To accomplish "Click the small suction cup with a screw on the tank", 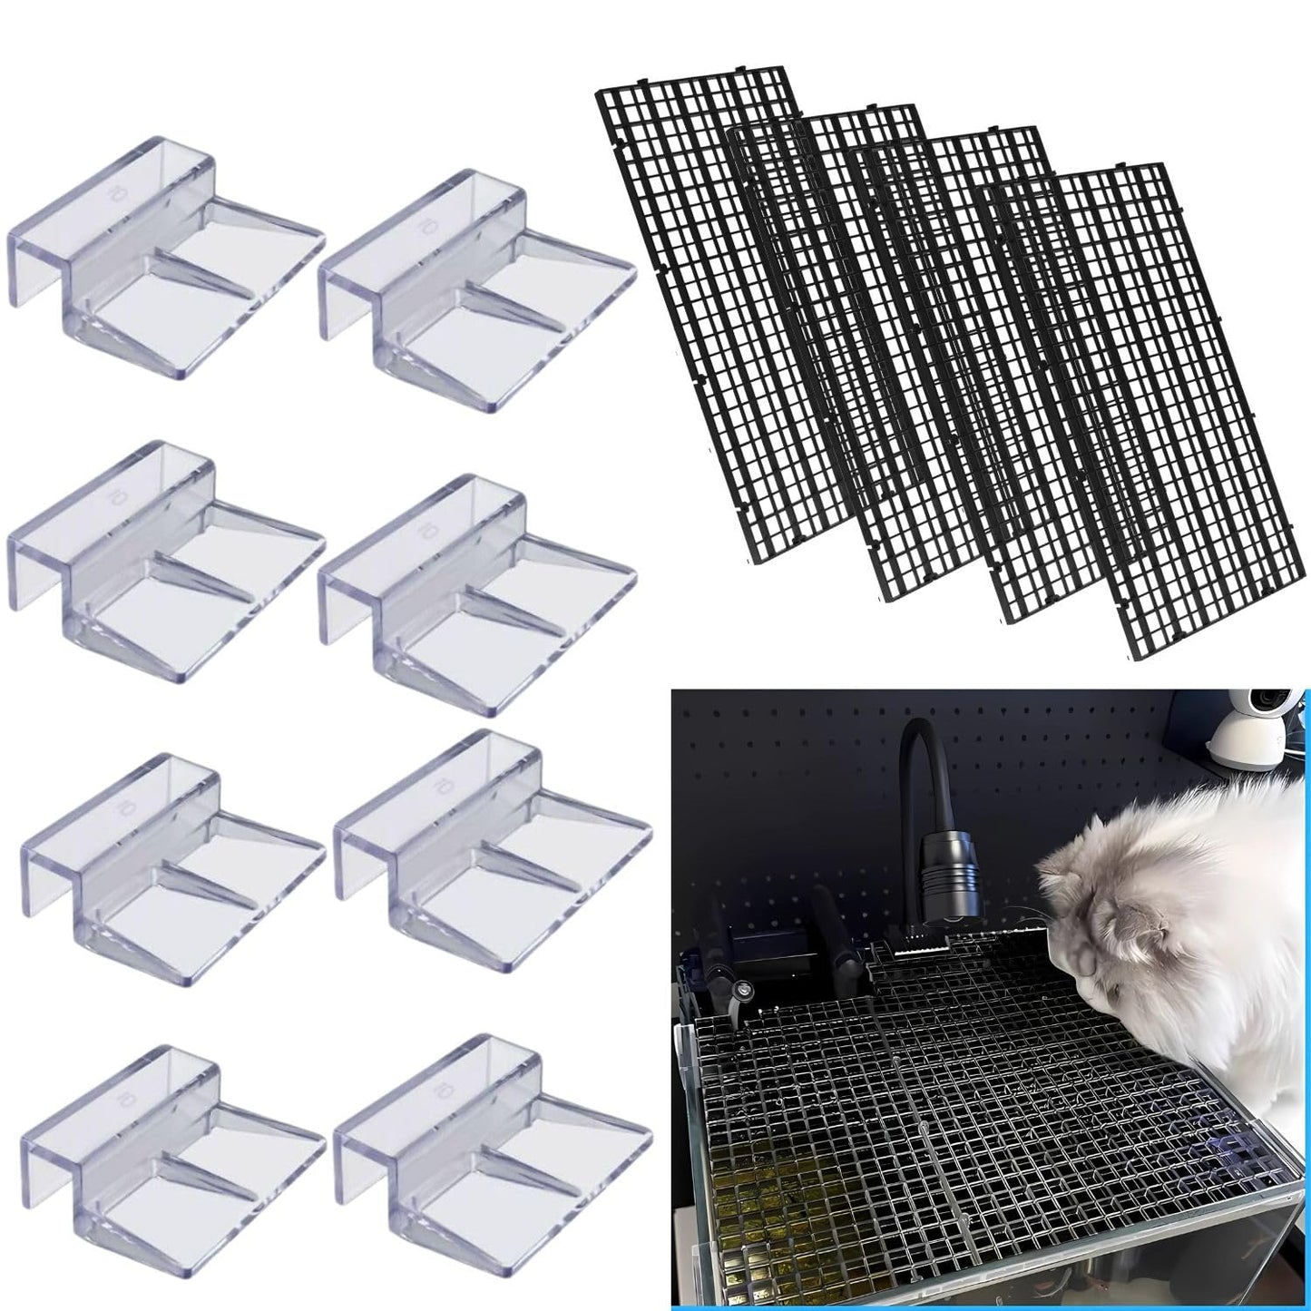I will tap(742, 991).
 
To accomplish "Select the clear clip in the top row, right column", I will tap(476, 286).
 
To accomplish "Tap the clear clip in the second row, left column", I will tap(163, 558).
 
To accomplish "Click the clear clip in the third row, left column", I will tap(172, 871).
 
